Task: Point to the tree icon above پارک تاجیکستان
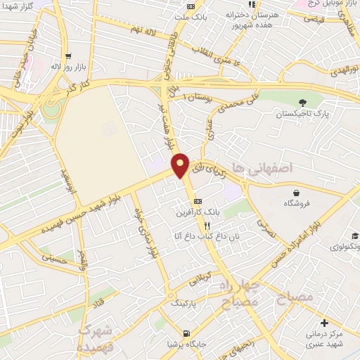click(x=302, y=102)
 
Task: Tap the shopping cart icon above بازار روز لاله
click(x=67, y=56)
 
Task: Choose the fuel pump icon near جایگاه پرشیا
click(x=186, y=333)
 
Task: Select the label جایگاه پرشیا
click(x=186, y=344)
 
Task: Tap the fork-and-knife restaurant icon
click(x=207, y=226)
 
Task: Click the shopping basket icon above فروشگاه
click(x=297, y=192)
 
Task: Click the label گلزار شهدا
click(x=19, y=6)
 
